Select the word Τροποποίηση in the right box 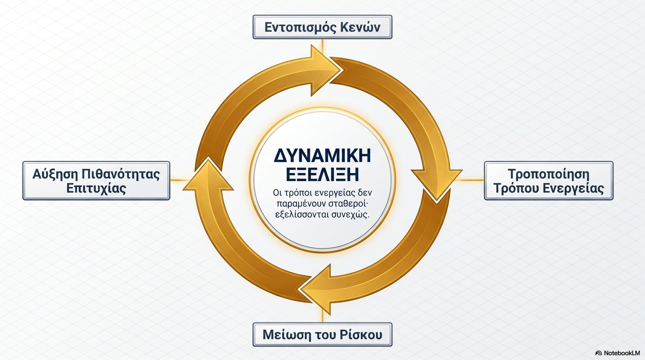coord(548,174)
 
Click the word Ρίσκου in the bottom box coord(363,335)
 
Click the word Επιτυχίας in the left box coord(97,189)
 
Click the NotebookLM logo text coord(622,353)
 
